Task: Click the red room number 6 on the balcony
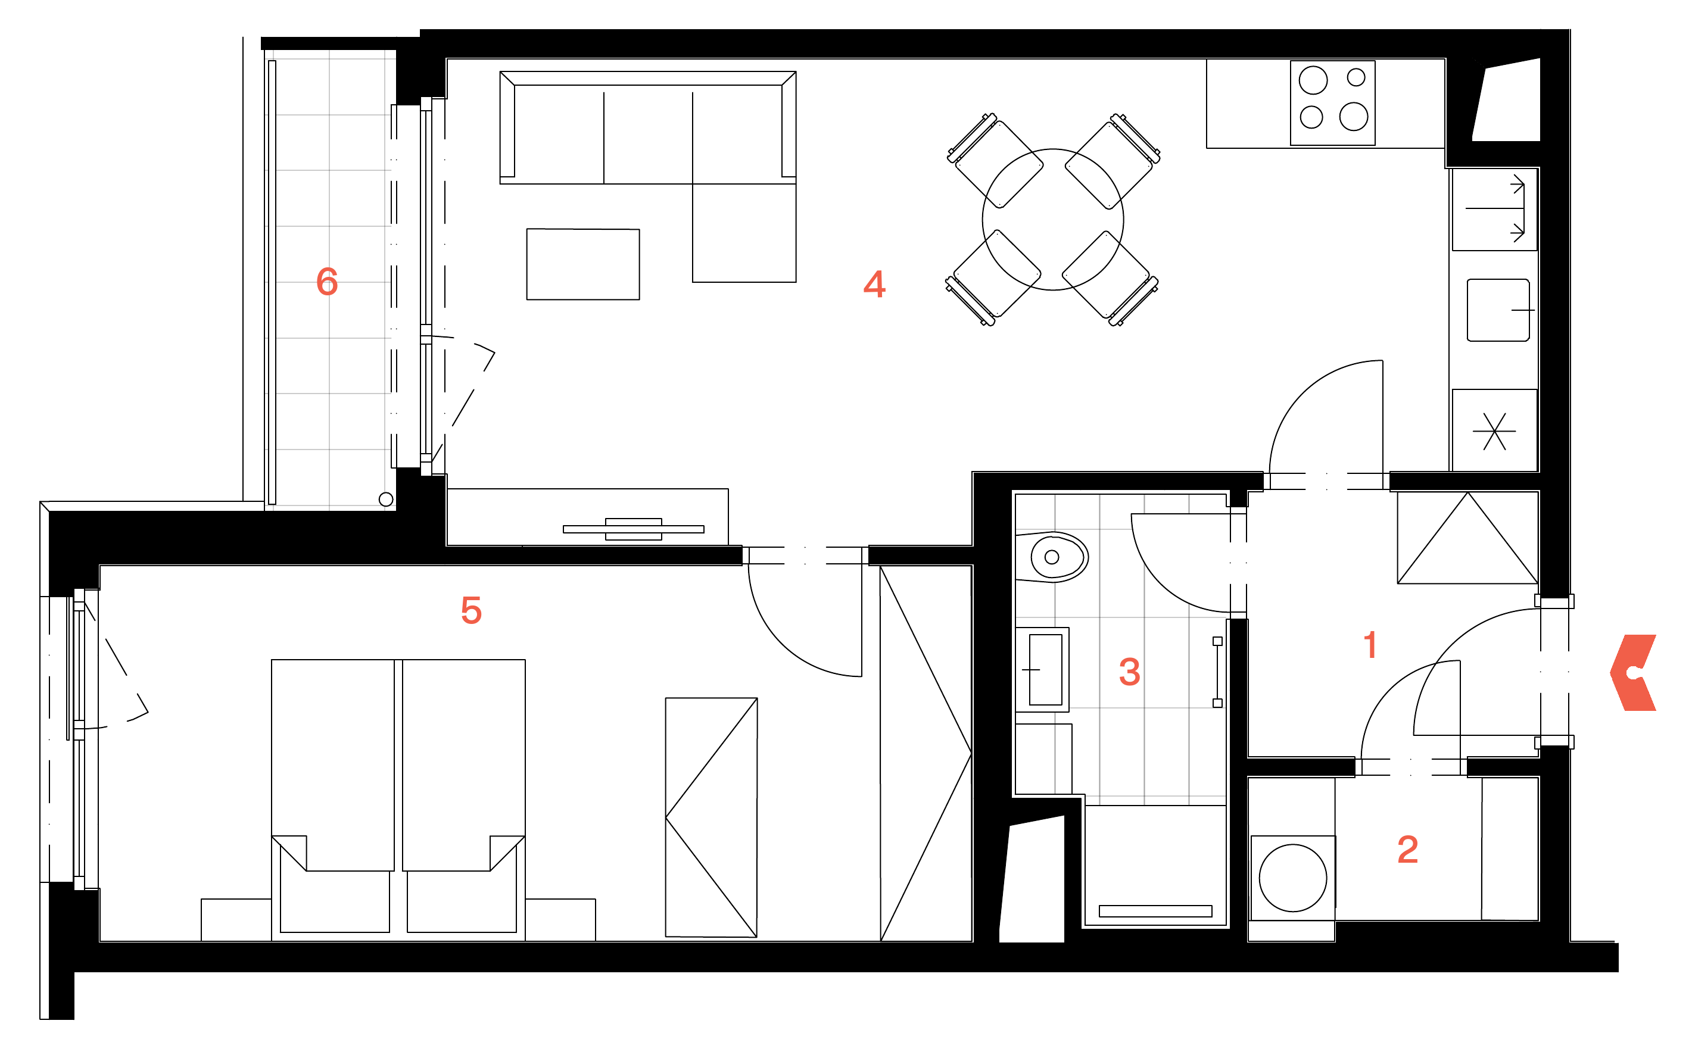coord(327,282)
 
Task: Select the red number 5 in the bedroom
coord(471,610)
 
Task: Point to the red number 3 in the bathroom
coord(1129,672)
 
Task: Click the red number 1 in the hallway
coord(1370,644)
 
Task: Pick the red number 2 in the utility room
coord(1407,850)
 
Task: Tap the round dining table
coord(1052,220)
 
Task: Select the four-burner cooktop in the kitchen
coord(1332,103)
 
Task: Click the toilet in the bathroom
coord(1052,557)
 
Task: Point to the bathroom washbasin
coord(1043,670)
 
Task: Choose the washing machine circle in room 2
coord(1292,878)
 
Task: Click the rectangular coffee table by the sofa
coord(583,264)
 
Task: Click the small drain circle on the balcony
coord(385,499)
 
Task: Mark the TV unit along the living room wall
coord(587,517)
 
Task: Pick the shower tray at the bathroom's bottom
coord(1155,866)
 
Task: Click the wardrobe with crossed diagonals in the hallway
coord(1467,538)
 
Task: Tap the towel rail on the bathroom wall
coord(1217,672)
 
